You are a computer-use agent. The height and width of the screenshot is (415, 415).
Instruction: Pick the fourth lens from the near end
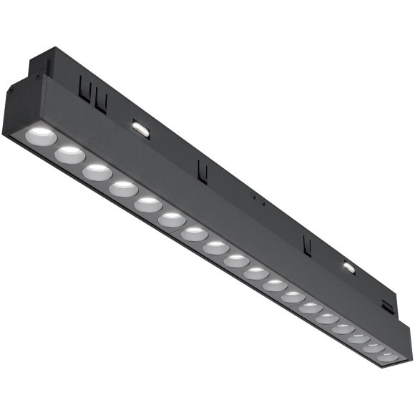(123, 189)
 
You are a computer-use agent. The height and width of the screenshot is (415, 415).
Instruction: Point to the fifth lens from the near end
(148, 205)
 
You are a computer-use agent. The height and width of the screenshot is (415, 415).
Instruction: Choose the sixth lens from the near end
(172, 220)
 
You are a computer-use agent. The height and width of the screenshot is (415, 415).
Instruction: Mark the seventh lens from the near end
(194, 234)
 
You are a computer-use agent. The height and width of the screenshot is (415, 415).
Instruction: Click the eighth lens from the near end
(215, 248)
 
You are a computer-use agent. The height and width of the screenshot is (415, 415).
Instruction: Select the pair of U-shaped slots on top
(92, 94)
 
